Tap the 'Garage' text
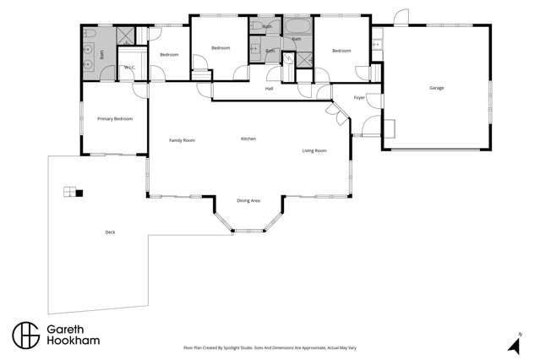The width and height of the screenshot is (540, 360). click(x=437, y=88)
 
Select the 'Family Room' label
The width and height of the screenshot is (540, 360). click(x=182, y=140)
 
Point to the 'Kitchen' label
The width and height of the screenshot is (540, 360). click(x=248, y=139)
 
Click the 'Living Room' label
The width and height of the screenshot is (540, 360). click(x=314, y=150)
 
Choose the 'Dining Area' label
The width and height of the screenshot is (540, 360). click(x=248, y=200)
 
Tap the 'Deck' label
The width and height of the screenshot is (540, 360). click(x=110, y=232)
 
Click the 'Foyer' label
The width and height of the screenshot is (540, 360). click(x=359, y=98)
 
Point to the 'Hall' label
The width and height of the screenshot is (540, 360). click(x=270, y=89)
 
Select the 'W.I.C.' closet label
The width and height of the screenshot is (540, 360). click(x=130, y=68)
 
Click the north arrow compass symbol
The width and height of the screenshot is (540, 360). click(x=512, y=343)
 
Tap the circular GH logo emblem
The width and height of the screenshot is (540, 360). click(x=26, y=335)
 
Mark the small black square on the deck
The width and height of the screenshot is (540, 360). click(x=79, y=194)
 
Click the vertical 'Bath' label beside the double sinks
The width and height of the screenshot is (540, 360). click(x=101, y=52)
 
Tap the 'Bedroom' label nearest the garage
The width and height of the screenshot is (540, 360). click(x=341, y=51)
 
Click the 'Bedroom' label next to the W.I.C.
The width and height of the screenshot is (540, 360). click(x=169, y=55)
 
